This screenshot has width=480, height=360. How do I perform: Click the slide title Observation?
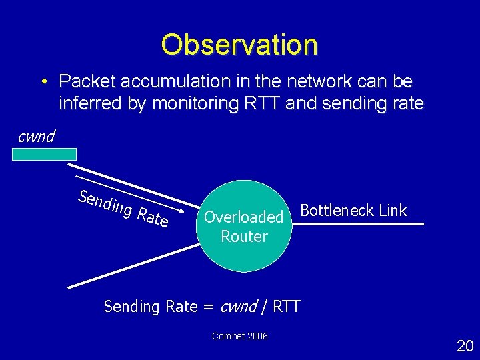[x=239, y=45]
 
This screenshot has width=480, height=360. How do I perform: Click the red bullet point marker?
[x=42, y=82]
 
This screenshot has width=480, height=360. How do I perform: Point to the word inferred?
[x=89, y=104]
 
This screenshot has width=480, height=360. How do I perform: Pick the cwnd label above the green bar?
[x=36, y=137]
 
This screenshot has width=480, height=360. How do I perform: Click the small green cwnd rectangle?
[x=44, y=154]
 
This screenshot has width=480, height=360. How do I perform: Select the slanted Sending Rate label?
[x=123, y=207]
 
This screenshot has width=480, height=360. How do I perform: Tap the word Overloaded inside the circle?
[x=244, y=217]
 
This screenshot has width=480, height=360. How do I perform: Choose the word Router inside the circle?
[x=244, y=237]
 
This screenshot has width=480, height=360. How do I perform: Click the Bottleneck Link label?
[x=353, y=211]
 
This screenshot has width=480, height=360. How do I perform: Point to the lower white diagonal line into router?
[x=133, y=266]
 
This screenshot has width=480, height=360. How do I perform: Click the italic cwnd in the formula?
[x=238, y=307]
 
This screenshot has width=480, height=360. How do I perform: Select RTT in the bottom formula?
[x=287, y=307]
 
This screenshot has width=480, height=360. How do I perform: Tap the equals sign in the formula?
[x=207, y=307]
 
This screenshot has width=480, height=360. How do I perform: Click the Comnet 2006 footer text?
[x=240, y=336]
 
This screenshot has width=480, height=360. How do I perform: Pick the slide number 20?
[x=465, y=345]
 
